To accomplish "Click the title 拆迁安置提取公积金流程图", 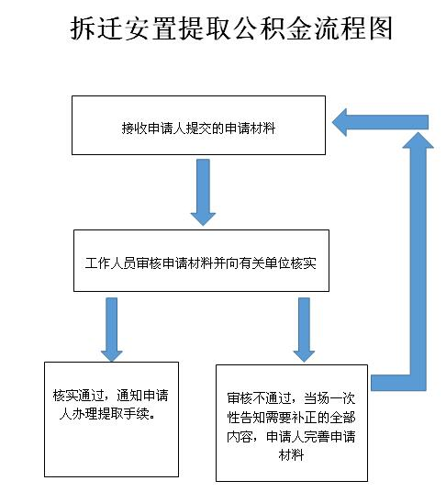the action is point(231,28).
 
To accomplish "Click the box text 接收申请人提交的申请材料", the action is point(198,128).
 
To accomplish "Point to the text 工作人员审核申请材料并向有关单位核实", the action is point(201,263).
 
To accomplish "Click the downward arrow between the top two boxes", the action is point(203,193).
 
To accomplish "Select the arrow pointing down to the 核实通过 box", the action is point(112,330).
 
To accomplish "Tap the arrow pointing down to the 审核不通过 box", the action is point(304,330).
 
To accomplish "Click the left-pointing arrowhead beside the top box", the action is point(340,122).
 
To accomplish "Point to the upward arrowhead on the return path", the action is point(418,140).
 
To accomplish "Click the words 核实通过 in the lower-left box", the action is point(78,396).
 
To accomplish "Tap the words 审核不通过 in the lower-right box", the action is point(259,398).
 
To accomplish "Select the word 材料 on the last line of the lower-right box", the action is point(292,455).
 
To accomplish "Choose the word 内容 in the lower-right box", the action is point(240,436).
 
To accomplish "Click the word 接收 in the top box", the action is point(135,128).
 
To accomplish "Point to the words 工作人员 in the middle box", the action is point(110,263).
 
